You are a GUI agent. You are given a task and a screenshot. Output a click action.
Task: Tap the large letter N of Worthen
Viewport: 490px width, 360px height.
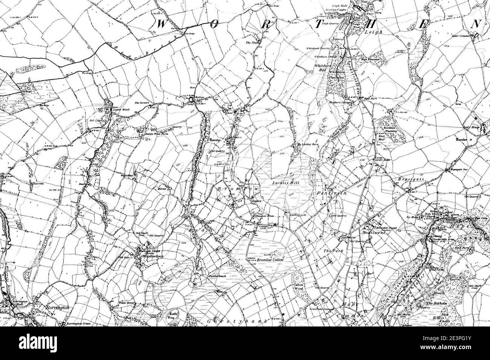pyautogui.click(x=476, y=24)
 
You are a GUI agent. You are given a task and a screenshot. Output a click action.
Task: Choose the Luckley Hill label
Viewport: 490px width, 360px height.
pyautogui.click(x=282, y=183)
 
